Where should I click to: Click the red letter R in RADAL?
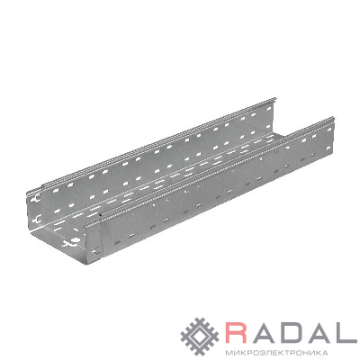point(238,332)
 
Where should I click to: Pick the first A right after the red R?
point(264,332)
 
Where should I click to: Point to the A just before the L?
point(319,332)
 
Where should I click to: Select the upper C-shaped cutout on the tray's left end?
point(36,199)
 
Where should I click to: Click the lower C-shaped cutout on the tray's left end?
point(38,219)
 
